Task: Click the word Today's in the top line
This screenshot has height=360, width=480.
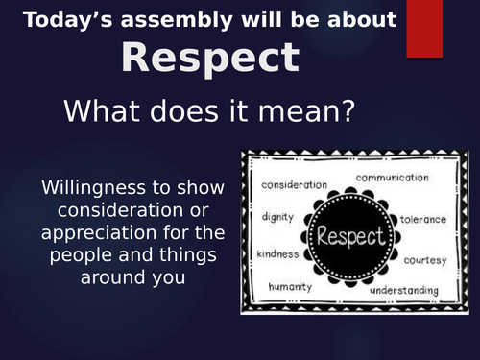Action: [65, 19]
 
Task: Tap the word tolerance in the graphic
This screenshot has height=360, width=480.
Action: [422, 219]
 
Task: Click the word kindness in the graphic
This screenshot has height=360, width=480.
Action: [276, 254]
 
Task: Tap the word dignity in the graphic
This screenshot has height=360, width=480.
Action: [278, 217]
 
